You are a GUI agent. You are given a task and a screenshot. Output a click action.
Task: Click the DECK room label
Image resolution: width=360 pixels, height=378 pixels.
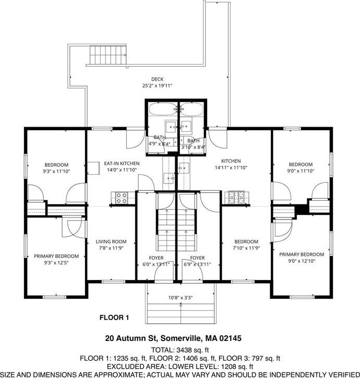(158, 79)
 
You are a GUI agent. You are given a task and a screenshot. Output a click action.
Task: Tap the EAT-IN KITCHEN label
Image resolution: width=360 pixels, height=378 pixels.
(122, 163)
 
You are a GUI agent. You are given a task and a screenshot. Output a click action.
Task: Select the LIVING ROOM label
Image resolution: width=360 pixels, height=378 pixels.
(111, 241)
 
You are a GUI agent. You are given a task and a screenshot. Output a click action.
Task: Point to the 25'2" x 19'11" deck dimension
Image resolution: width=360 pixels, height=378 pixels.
(158, 86)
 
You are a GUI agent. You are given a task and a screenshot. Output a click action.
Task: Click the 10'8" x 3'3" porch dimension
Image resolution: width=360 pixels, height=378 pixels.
(180, 298)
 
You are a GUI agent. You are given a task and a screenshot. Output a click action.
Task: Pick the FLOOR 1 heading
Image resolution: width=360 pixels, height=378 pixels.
(114, 318)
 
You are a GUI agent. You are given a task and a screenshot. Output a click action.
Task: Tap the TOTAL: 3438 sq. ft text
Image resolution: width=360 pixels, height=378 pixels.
(180, 350)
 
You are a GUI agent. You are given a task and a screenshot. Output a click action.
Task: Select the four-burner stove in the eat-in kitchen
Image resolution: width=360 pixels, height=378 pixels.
(122, 198)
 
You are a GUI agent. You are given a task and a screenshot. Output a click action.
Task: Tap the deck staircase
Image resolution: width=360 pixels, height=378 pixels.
(108, 55)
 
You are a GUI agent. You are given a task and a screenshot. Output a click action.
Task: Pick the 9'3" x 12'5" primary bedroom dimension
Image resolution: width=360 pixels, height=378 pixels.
(56, 263)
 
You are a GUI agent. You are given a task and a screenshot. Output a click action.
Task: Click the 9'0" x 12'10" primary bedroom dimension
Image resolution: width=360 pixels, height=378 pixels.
(302, 261)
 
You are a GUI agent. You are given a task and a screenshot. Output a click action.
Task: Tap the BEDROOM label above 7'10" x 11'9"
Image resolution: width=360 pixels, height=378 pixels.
(246, 241)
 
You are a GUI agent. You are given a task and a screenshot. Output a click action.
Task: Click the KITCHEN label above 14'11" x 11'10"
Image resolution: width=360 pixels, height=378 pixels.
(231, 161)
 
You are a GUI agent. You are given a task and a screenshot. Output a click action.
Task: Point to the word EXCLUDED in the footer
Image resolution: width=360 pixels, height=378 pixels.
(125, 367)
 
